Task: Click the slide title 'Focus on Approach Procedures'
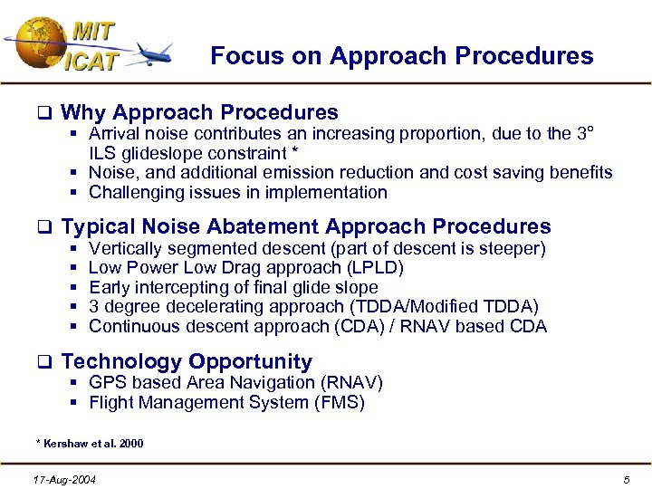[401, 56]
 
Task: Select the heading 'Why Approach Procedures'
[199, 113]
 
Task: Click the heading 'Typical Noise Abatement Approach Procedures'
[305, 226]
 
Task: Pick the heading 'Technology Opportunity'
[186, 362]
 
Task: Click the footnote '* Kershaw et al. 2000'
[89, 443]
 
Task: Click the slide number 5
[626, 478]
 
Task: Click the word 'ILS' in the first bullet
[103, 153]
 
